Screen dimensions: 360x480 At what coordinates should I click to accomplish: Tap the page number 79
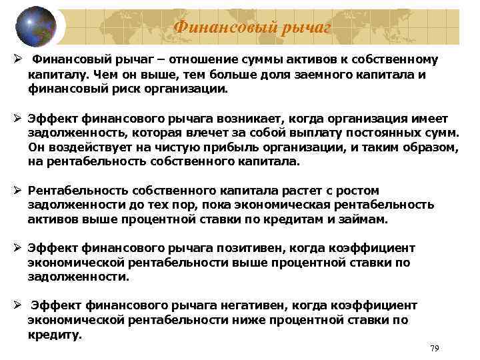click(x=435, y=348)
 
